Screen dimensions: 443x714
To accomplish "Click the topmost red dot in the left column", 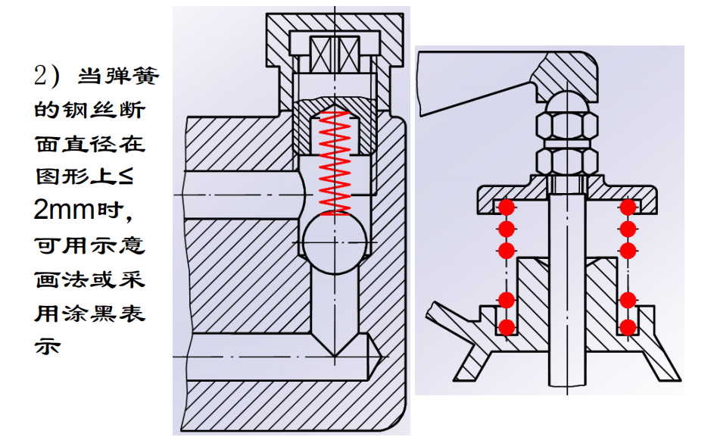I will [x=507, y=207].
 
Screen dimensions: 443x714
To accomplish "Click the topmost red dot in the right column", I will [x=627, y=207].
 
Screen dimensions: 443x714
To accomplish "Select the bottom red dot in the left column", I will [x=507, y=327].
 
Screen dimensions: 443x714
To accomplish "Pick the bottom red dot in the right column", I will [x=627, y=327].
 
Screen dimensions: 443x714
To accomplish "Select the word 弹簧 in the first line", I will [x=123, y=77].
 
